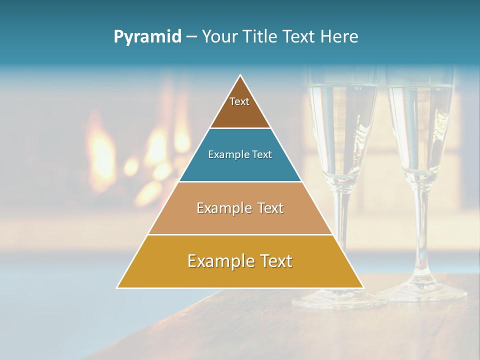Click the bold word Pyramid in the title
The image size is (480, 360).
[x=147, y=37]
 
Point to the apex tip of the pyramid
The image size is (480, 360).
[x=240, y=76]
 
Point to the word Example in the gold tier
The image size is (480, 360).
[x=218, y=261]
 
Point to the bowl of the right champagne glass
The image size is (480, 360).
[x=420, y=130]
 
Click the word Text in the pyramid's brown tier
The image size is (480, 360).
[x=239, y=101]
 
